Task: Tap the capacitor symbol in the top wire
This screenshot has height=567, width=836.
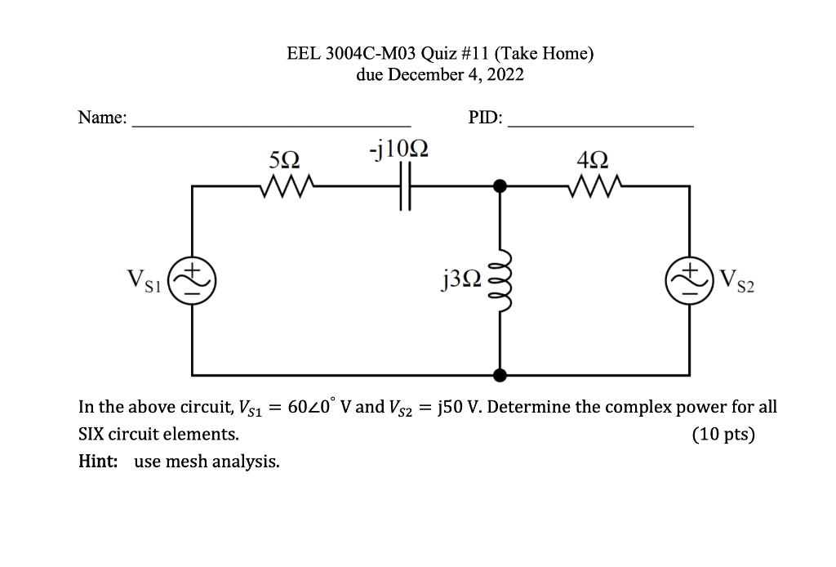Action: [402, 186]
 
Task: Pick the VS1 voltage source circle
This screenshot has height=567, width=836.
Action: [193, 280]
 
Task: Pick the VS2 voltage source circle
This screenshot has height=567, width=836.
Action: [691, 280]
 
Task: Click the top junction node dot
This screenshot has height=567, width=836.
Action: [500, 186]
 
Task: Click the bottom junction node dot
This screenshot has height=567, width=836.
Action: [500, 375]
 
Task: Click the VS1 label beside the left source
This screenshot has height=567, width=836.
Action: [144, 282]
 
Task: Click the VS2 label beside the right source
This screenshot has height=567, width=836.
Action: [737, 282]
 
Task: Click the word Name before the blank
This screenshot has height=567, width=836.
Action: [101, 118]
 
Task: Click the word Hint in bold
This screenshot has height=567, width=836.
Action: [96, 462]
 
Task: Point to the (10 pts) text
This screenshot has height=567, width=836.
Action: [723, 434]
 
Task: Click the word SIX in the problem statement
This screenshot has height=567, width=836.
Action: [91, 434]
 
